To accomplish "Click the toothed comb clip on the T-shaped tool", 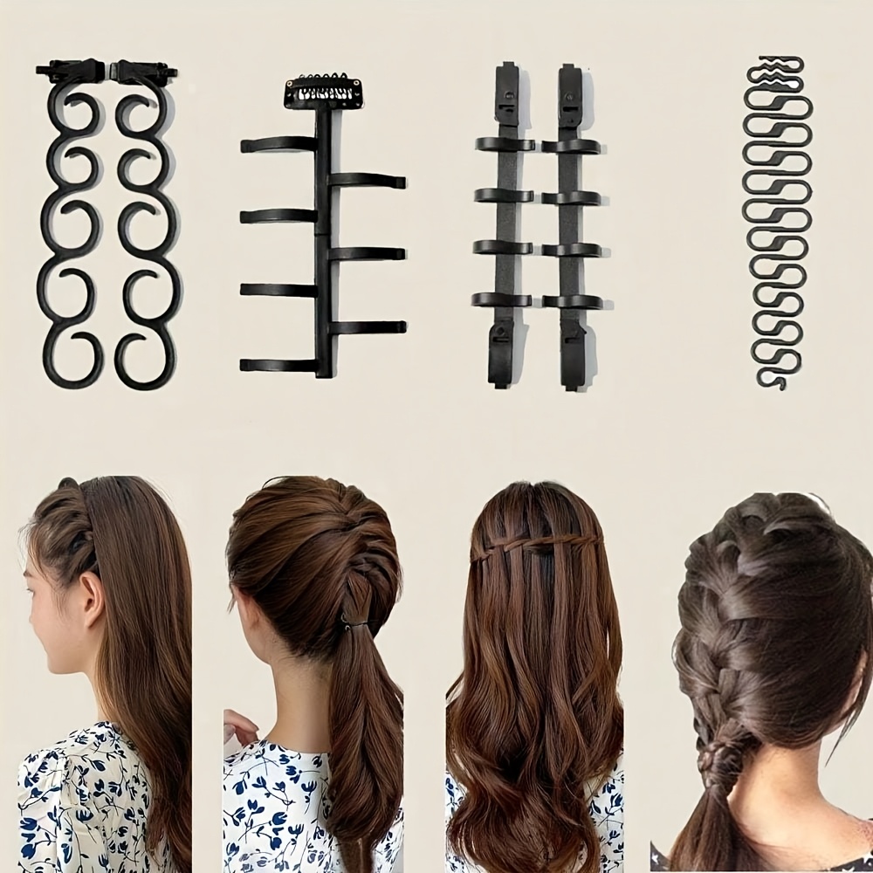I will click(317, 92).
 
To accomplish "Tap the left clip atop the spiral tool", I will click(70, 71).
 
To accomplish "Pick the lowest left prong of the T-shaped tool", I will click(278, 364).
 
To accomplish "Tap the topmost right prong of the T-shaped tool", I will click(368, 181).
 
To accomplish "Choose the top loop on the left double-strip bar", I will click(505, 145).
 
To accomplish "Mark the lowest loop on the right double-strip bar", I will click(572, 302).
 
